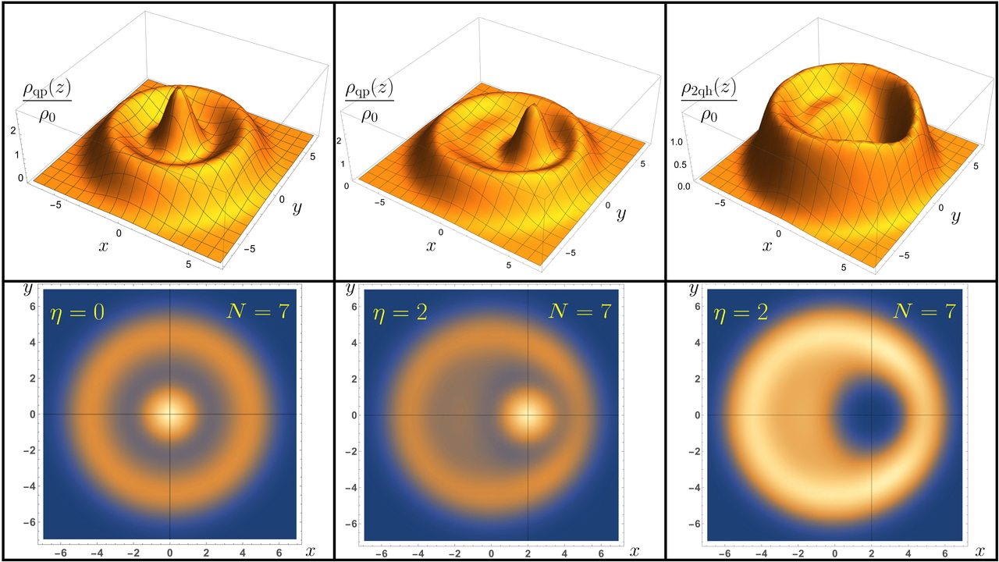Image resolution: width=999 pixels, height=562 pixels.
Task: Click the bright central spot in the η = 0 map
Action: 170,414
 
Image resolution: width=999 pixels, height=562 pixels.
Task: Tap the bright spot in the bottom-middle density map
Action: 528,414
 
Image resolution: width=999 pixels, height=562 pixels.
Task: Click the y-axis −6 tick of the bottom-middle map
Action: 353,523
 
